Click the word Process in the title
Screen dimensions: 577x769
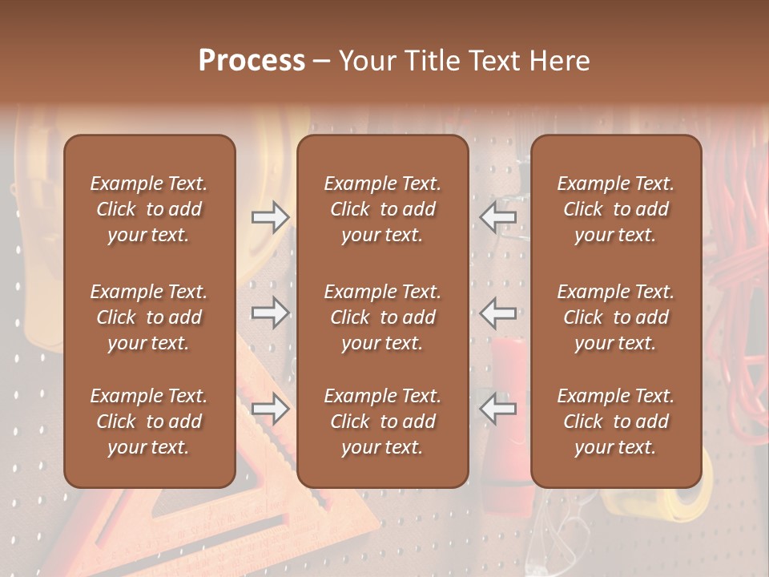click(x=252, y=61)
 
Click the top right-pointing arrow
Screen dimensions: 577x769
click(x=270, y=217)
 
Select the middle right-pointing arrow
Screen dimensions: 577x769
click(x=270, y=313)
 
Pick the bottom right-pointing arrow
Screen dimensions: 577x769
click(x=270, y=410)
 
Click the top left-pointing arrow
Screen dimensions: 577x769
click(x=498, y=217)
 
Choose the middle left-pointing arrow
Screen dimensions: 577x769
click(x=498, y=313)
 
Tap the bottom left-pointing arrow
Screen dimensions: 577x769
click(x=498, y=410)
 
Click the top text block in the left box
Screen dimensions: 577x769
click(x=149, y=209)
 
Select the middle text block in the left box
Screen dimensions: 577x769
click(x=149, y=317)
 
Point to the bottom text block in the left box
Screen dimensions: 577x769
click(x=149, y=422)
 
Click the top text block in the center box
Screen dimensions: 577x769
click(x=382, y=209)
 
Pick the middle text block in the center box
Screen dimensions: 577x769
click(x=382, y=317)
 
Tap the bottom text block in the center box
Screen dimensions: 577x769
click(x=382, y=422)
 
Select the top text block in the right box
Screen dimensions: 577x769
click(x=615, y=209)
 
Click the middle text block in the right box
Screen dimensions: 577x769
click(x=615, y=317)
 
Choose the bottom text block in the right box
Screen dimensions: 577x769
click(x=615, y=422)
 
